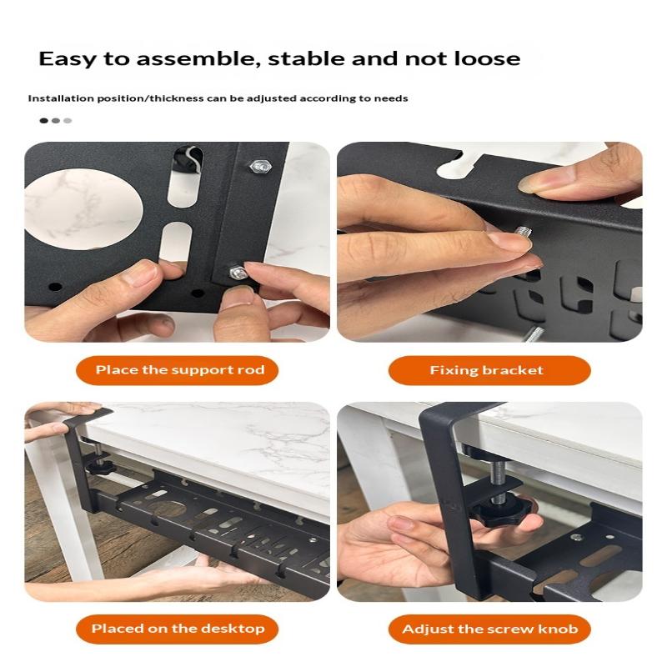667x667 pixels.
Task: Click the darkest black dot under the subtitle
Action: (x=43, y=120)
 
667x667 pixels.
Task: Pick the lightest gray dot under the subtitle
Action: (x=68, y=120)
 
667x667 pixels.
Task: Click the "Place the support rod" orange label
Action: (x=177, y=370)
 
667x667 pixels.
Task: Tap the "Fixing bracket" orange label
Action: (x=489, y=370)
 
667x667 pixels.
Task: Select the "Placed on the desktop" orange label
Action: (x=177, y=629)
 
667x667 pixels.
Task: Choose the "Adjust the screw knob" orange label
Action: (x=489, y=629)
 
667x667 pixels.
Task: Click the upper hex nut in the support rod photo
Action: (x=261, y=166)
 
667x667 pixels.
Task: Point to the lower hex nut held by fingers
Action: (x=238, y=273)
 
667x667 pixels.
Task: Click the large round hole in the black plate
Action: (x=83, y=209)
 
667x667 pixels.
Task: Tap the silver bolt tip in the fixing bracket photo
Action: (x=524, y=233)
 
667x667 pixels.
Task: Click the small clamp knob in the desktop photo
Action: (x=100, y=467)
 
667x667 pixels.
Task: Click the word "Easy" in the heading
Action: (x=68, y=59)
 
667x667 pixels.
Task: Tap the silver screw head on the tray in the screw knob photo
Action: (x=576, y=537)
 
